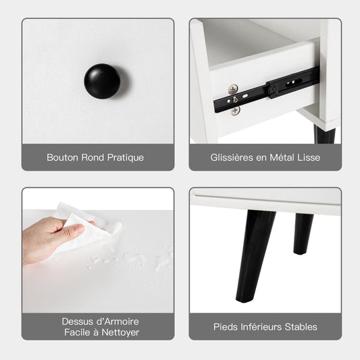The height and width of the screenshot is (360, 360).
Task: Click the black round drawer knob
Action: [x=102, y=81]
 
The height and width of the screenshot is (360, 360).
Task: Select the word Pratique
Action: [x=126, y=158]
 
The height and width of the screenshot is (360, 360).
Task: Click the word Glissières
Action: [x=232, y=157]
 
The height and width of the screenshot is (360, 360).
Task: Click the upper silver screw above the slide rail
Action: [x=233, y=89]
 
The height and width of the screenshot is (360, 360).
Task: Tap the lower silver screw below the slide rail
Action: [x=236, y=111]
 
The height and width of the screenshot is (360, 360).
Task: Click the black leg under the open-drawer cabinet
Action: [x=325, y=134]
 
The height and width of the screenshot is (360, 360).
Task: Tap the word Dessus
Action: [x=74, y=322]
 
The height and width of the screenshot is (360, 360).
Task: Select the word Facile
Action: [x=77, y=332]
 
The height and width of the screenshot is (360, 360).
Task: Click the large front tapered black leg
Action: [x=255, y=255]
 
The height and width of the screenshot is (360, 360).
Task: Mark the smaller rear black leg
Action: [x=303, y=234]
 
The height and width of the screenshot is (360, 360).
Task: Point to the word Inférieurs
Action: [x=261, y=327]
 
